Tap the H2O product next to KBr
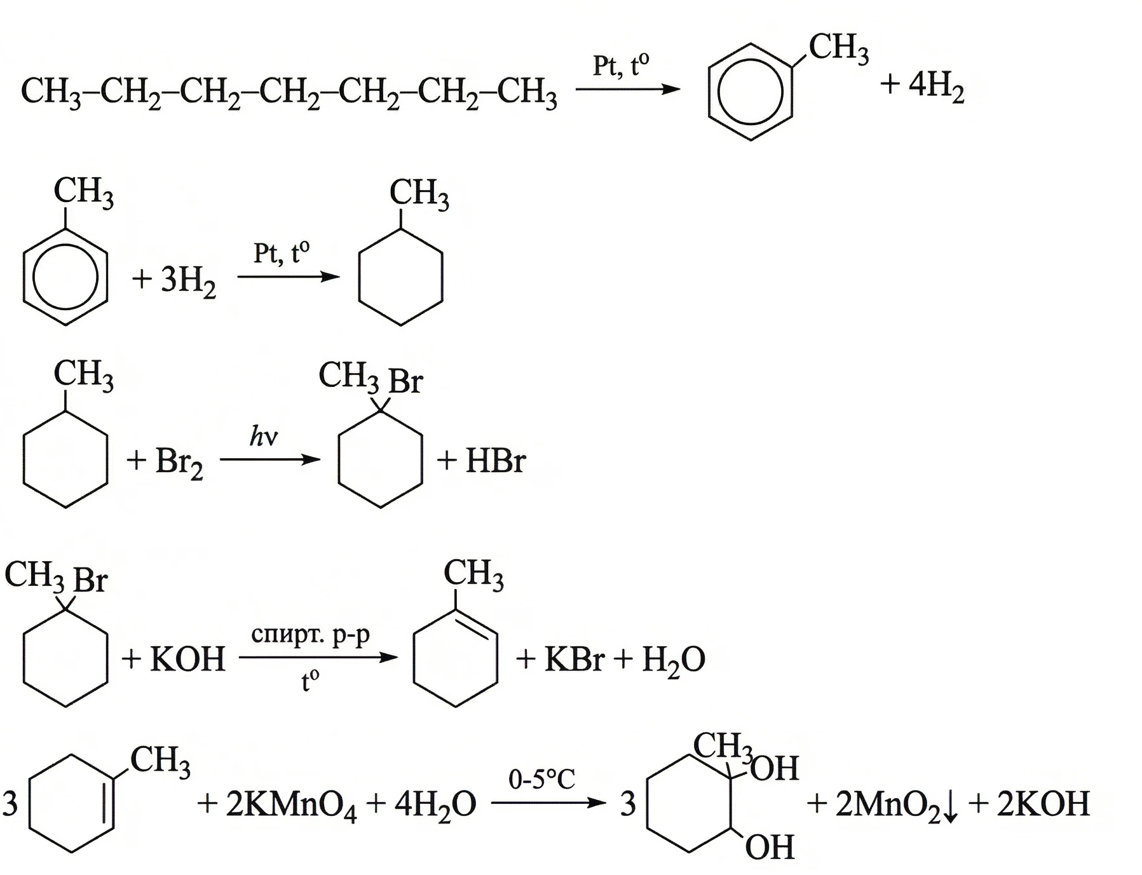[x=673, y=660]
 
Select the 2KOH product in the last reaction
[x=1043, y=804]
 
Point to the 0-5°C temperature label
[x=541, y=779]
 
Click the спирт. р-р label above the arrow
[x=310, y=634]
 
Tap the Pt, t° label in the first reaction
[x=621, y=65]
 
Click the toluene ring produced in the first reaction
[x=750, y=92]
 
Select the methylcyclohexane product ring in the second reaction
[x=400, y=277]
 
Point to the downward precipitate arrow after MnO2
[x=951, y=807]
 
